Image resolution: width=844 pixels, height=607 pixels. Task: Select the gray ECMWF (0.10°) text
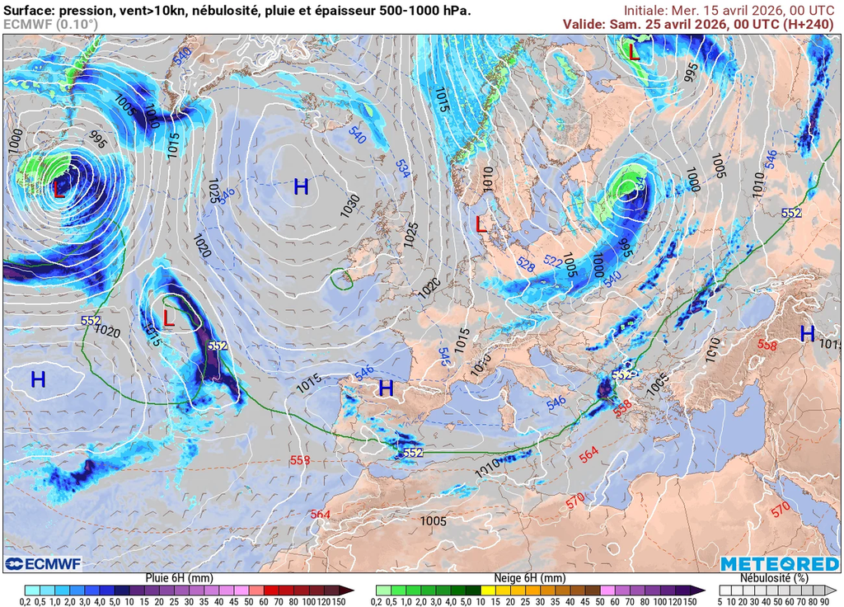[x=50, y=25]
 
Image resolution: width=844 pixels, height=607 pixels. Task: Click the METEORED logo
[x=779, y=563]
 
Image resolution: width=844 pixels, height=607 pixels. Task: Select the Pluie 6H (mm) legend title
[x=179, y=578]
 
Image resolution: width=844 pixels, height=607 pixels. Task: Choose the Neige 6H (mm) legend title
[x=530, y=578]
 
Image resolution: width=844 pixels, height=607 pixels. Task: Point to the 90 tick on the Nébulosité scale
[x=823, y=601]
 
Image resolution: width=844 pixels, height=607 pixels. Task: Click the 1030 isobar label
[x=349, y=200]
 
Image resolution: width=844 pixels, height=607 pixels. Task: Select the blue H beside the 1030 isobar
[x=301, y=187]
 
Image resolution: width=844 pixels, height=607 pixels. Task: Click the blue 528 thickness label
[x=526, y=263]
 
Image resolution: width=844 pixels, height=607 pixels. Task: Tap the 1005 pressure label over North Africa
[x=433, y=521]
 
